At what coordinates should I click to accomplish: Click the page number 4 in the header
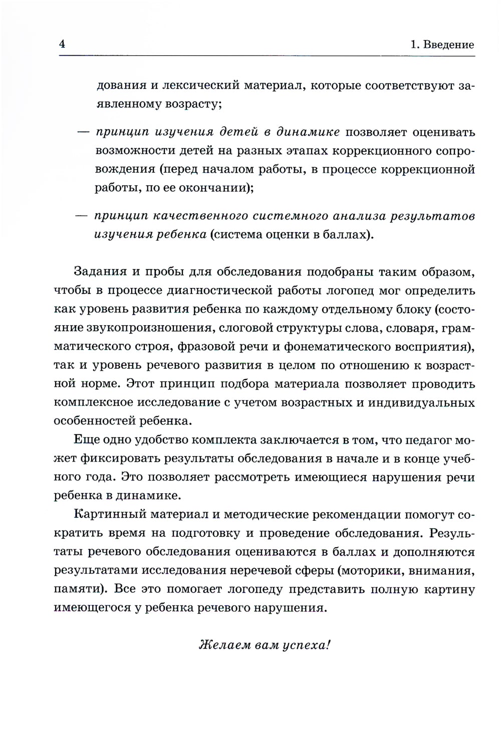click(62, 44)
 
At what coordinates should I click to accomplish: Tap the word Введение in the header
click(448, 45)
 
